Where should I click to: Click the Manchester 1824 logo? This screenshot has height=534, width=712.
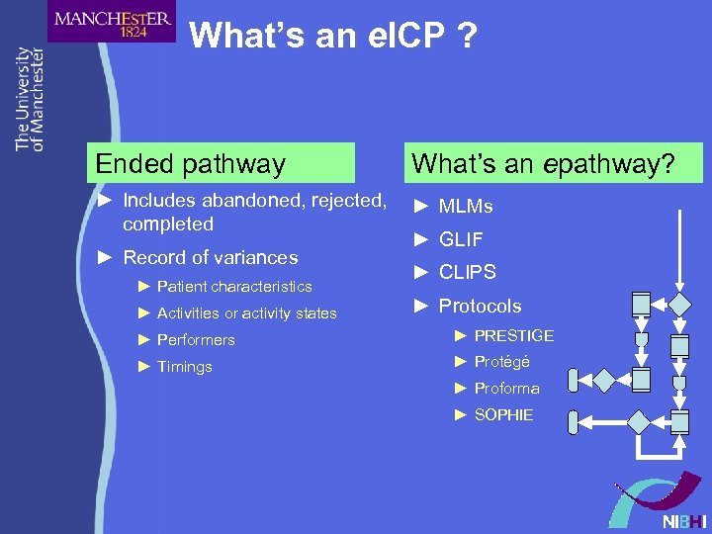[112, 22]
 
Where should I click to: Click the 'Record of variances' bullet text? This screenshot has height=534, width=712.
[210, 257]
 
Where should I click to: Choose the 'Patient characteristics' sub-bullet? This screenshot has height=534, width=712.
[234, 287]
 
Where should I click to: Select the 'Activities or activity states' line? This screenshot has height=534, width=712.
[246, 313]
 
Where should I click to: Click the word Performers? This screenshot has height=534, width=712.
[196, 340]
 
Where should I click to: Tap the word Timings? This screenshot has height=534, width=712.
[185, 367]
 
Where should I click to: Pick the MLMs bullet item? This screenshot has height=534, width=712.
[466, 206]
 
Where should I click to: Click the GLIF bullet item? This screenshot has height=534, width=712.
[461, 239]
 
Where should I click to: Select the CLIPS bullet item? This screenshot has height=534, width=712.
[467, 272]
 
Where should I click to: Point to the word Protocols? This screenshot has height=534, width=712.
[480, 306]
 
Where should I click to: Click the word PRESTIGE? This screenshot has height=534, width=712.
[514, 336]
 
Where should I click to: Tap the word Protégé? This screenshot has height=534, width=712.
[502, 362]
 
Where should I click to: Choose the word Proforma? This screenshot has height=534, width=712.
[507, 389]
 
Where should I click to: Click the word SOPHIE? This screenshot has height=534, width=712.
[503, 415]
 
